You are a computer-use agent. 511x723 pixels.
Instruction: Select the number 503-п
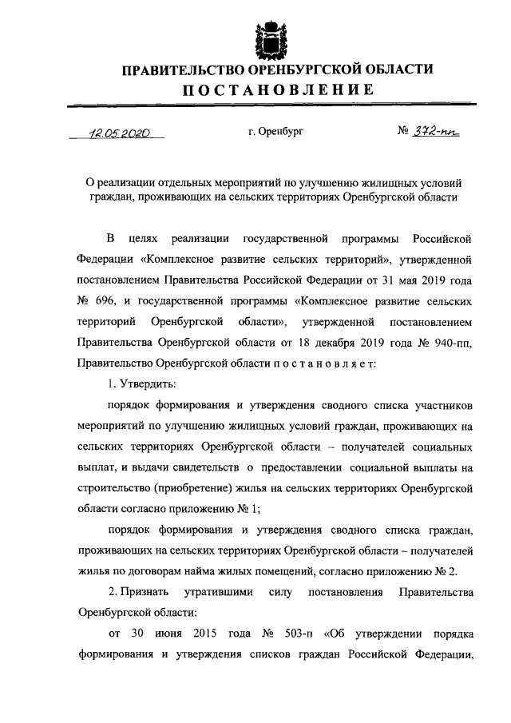(x=299, y=635)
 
